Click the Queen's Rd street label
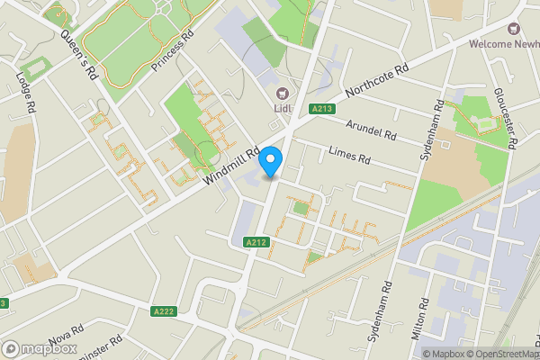click(79, 55)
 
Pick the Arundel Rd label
click(371, 132)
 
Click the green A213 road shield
click(323, 109)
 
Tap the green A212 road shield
click(255, 241)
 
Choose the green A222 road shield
click(162, 310)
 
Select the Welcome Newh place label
click(503, 44)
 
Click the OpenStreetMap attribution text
click(499, 354)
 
